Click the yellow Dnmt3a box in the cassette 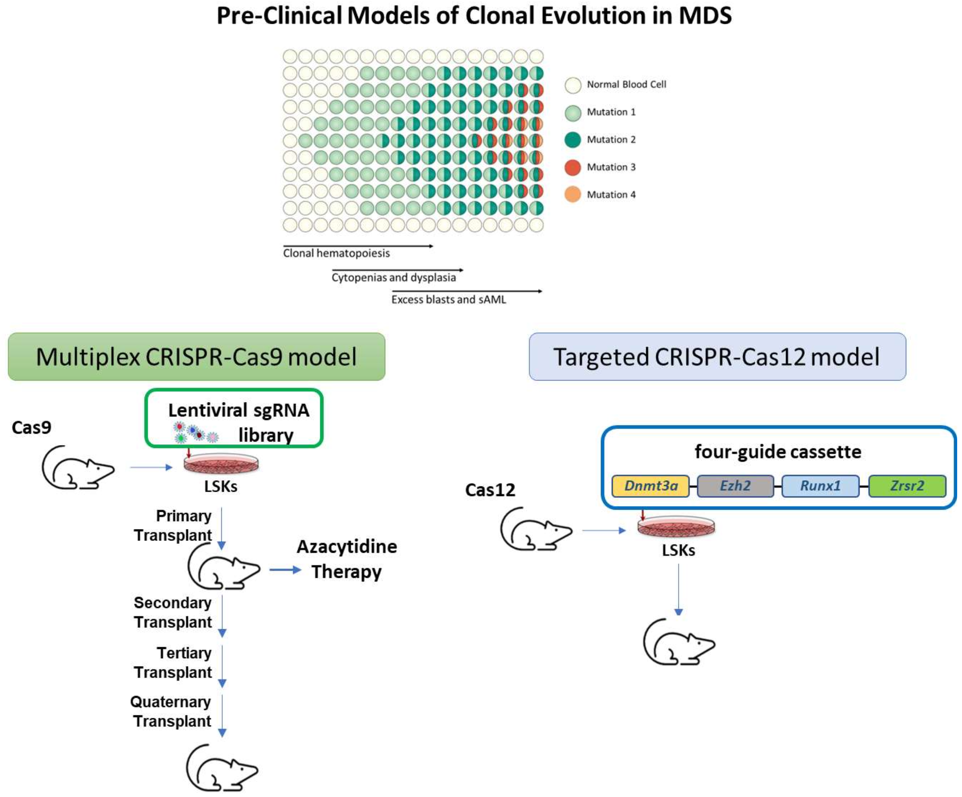tap(650, 486)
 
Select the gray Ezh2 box tap(735, 486)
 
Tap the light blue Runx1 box tap(820, 486)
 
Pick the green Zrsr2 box tap(907, 486)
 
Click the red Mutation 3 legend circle tap(573, 167)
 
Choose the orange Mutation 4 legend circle tap(573, 195)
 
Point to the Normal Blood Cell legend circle tap(573, 85)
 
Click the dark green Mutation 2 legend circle tap(573, 140)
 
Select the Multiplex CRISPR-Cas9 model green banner tap(196, 357)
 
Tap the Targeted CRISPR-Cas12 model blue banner tap(717, 357)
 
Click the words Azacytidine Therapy tap(347, 559)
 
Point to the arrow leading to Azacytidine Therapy tap(285, 570)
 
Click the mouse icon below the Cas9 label tap(78, 467)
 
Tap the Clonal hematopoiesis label tap(336, 254)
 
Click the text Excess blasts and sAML tap(448, 300)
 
